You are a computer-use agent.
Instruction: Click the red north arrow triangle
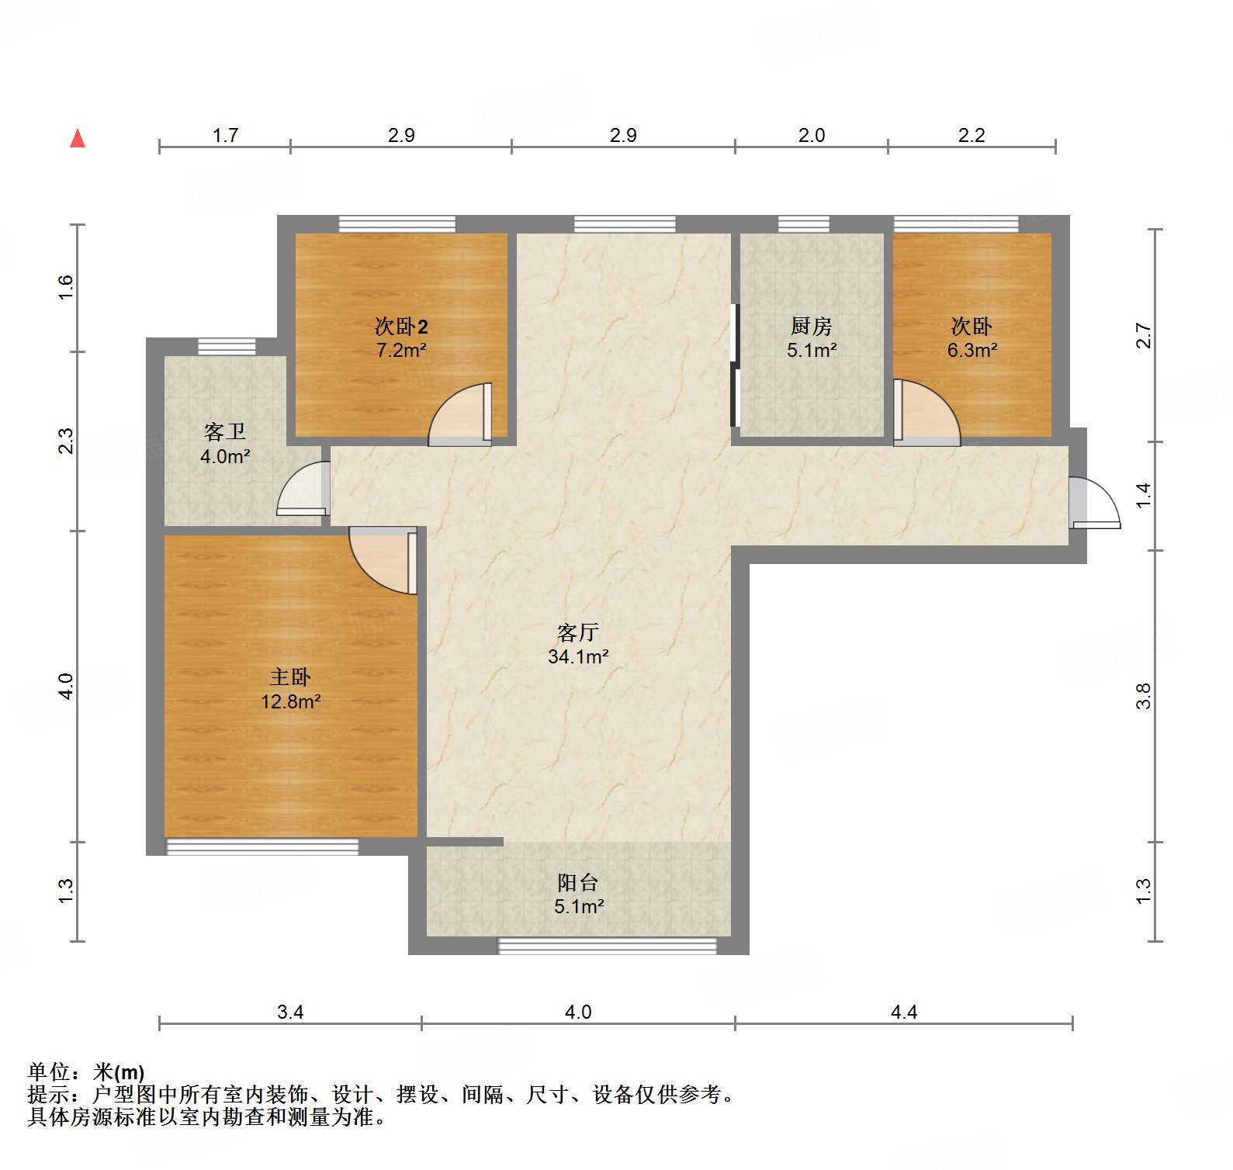78,139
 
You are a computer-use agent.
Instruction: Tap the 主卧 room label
290,677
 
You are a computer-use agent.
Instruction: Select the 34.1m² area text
578,657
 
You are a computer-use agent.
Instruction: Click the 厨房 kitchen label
811,326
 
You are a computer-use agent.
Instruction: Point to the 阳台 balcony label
578,882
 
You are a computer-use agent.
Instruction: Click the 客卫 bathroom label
225,431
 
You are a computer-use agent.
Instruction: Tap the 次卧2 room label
401,326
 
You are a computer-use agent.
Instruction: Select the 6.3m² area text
972,351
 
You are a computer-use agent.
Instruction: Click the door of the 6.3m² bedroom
925,413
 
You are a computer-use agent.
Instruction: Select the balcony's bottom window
607,946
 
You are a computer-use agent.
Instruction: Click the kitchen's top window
803,224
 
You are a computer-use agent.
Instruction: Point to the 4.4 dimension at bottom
903,1012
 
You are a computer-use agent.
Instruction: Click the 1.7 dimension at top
225,136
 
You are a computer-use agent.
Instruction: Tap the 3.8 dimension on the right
1143,696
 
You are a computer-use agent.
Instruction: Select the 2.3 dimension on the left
67,441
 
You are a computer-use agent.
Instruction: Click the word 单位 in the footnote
49,1072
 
